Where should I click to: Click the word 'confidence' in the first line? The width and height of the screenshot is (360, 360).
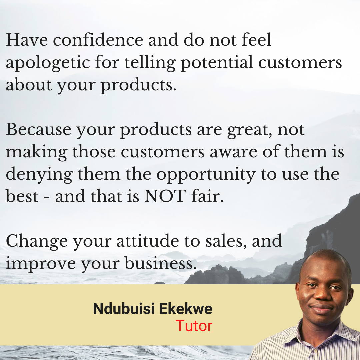98,39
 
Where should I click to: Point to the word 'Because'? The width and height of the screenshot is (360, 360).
39,129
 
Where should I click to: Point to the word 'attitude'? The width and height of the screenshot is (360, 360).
147,241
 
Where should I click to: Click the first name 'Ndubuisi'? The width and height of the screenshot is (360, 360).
124,309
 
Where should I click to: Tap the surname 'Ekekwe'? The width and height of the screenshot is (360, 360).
186,309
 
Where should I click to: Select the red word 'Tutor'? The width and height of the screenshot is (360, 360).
194,326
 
